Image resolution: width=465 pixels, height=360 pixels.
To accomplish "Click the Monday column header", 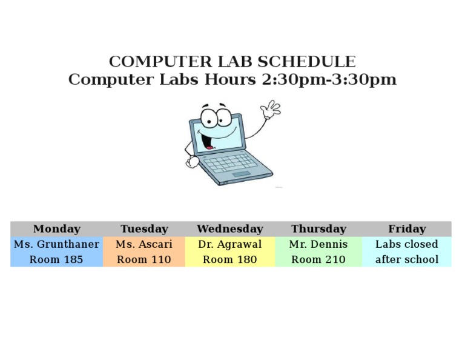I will click(x=56, y=229).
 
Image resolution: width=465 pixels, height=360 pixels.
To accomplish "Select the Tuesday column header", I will click(x=144, y=229).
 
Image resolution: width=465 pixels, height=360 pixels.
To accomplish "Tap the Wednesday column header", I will click(x=230, y=229).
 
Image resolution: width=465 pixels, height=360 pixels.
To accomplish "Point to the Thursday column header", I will click(x=318, y=229).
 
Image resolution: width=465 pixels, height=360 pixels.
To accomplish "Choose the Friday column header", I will click(x=407, y=229).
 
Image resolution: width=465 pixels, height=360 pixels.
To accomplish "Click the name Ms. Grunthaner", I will click(x=56, y=244).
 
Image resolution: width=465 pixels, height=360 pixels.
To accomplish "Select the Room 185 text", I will click(x=56, y=259).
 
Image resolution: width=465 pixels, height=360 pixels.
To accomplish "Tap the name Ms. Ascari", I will click(x=144, y=244).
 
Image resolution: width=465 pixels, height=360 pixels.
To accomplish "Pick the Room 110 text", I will click(x=144, y=259).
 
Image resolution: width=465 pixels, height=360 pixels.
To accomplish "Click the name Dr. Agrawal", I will click(x=230, y=244).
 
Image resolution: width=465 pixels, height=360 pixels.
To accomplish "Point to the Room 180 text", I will click(x=230, y=259).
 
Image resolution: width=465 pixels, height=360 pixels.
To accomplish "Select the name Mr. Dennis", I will click(x=318, y=244).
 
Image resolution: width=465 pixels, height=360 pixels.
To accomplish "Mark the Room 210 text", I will click(x=318, y=259).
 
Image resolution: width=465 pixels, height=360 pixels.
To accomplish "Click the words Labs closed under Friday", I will click(x=407, y=244).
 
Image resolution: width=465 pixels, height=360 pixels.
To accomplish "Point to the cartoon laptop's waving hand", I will click(x=270, y=110).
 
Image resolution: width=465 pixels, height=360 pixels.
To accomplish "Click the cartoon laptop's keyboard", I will click(x=229, y=162).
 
